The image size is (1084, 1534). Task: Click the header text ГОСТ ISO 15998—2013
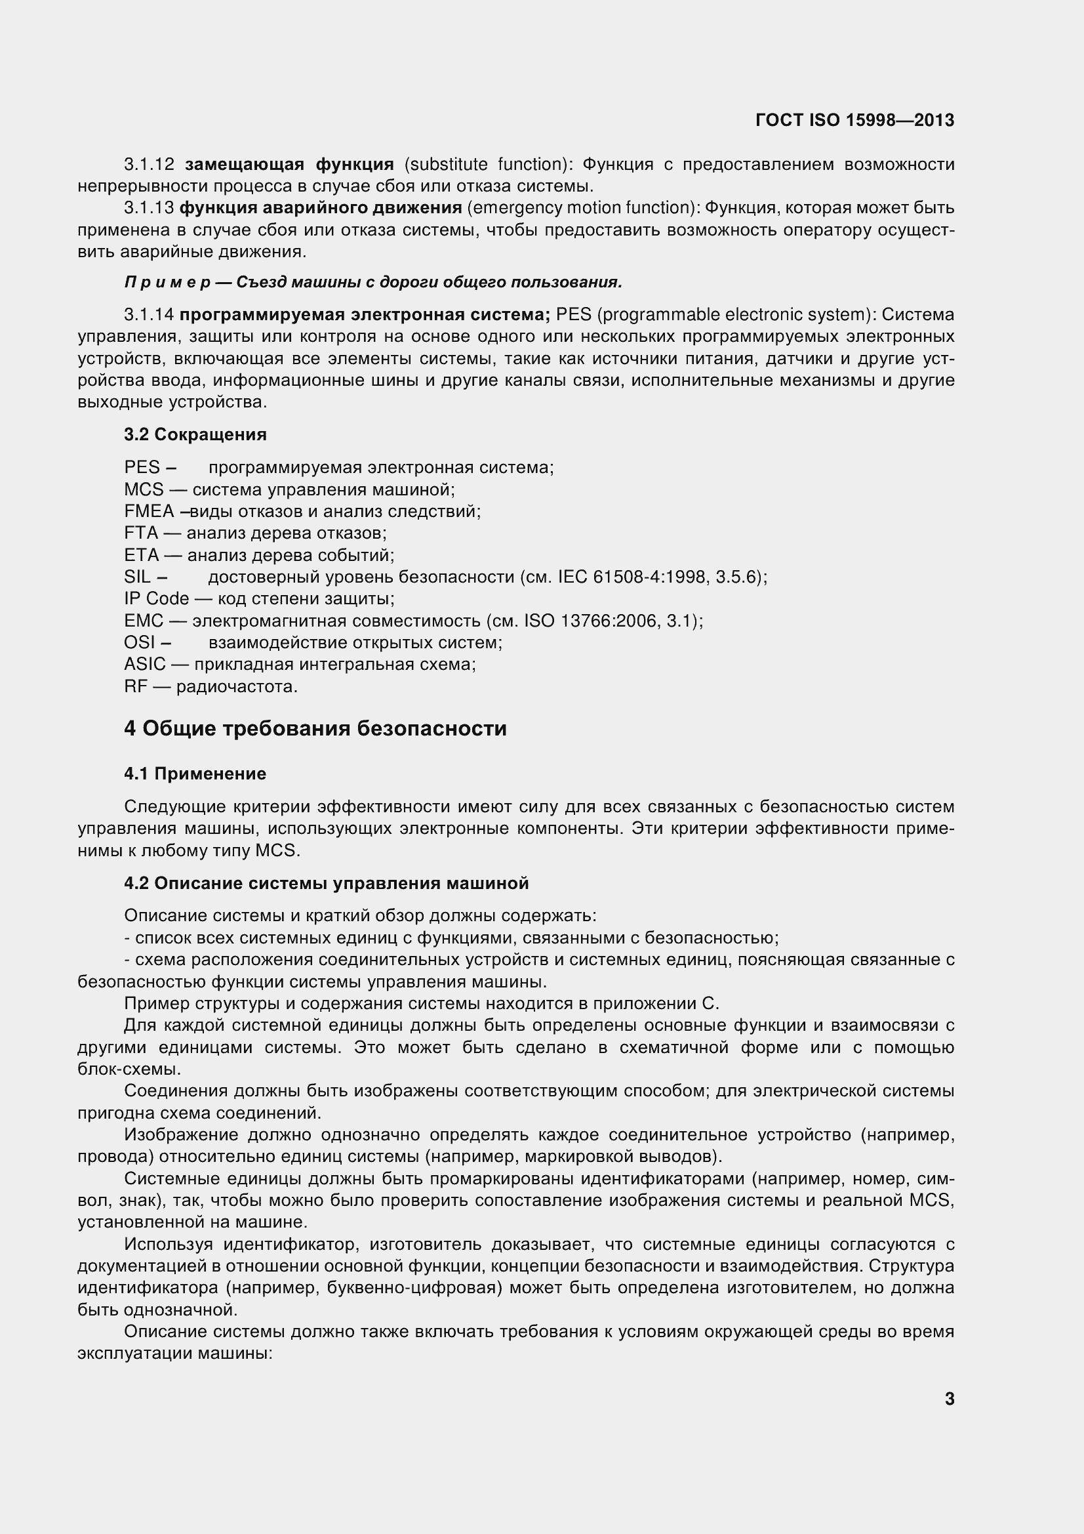coord(854,120)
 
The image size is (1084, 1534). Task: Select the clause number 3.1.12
coord(149,164)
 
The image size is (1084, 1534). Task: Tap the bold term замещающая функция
coord(289,164)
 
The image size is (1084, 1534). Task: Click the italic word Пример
coord(167,283)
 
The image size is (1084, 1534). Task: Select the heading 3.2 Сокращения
coord(195,435)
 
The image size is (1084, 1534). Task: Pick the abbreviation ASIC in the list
coord(145,665)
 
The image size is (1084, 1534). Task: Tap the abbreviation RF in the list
coord(135,687)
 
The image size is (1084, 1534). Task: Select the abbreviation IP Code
coord(156,599)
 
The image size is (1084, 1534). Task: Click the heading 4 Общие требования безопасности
coord(315,728)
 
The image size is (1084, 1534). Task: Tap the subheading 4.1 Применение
coord(195,774)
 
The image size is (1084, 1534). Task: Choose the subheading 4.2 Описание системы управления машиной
coord(326,883)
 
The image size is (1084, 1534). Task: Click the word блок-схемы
coord(129,1069)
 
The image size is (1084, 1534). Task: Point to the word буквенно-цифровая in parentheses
coord(411,1287)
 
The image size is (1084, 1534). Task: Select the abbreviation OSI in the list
coord(140,643)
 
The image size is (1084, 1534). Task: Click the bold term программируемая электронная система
coord(365,315)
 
